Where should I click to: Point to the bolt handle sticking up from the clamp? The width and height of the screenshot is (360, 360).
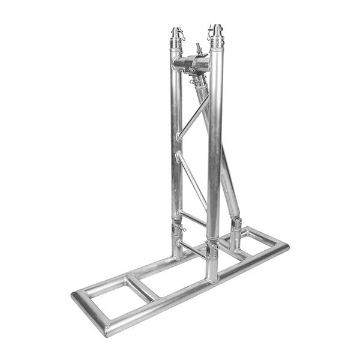(x=199, y=48)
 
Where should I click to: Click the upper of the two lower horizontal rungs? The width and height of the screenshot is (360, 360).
(x=193, y=218)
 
